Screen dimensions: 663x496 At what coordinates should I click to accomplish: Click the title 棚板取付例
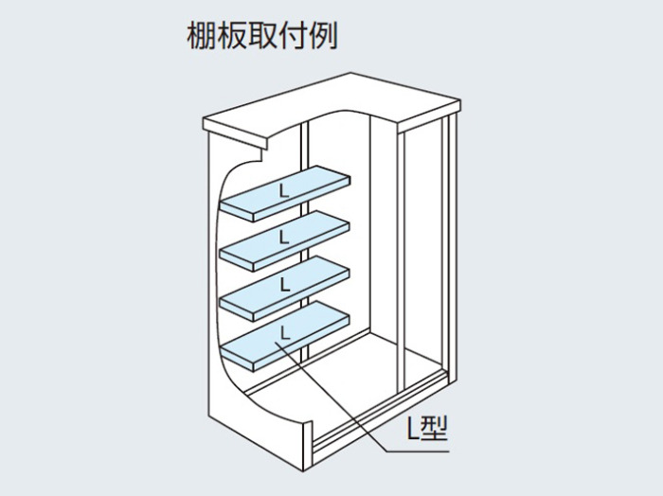[x=261, y=35]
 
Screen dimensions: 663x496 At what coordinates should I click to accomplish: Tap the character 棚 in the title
[x=201, y=35]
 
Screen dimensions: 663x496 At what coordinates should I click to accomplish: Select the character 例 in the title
[x=323, y=35]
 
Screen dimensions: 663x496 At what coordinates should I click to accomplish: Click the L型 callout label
[x=427, y=428]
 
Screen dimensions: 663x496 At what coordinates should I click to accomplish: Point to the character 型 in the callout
[x=434, y=428]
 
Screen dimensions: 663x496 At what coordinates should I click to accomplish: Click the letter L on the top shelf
[x=284, y=191]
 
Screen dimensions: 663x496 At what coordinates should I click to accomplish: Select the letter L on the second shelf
[x=284, y=237]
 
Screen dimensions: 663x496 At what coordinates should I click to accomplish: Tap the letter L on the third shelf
[x=285, y=284]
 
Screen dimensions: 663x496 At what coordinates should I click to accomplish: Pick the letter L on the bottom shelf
[x=285, y=332]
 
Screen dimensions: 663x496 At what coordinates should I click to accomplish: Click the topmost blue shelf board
[x=285, y=193]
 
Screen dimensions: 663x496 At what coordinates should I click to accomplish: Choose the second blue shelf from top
[x=285, y=240]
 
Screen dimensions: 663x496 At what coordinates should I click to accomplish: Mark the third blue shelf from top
[x=285, y=289]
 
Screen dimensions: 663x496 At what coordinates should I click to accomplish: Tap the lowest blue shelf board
[x=285, y=336]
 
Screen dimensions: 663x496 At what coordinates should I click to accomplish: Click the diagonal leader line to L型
[x=331, y=398]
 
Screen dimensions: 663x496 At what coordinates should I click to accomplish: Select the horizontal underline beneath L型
[x=419, y=452]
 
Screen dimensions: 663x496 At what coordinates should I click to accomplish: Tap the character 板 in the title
[x=231, y=35]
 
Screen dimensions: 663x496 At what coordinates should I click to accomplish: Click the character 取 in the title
[x=261, y=35]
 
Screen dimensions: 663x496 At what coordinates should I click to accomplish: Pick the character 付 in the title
[x=292, y=35]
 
